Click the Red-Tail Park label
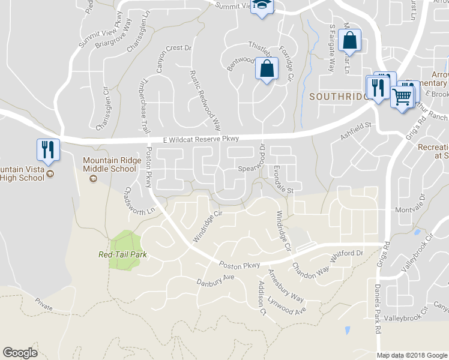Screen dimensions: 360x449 point(122,254)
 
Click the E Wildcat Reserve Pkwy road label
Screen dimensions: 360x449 point(201,139)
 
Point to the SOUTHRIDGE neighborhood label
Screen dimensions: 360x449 point(337,96)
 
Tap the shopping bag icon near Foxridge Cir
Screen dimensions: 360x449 point(267,68)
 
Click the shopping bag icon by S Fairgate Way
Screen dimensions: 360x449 point(349,41)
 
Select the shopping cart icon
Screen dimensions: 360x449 point(402,95)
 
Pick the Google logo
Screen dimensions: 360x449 point(20,353)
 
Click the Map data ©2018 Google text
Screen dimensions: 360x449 point(412,355)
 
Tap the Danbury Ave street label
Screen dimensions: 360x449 point(215,280)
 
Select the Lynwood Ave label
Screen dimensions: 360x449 point(287,306)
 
